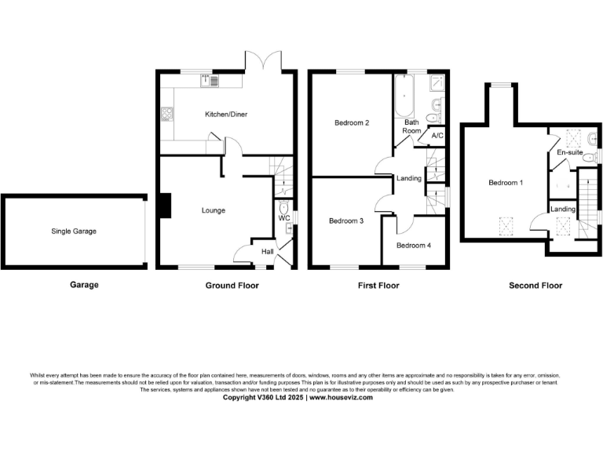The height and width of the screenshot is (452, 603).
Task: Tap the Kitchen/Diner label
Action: (x=226, y=115)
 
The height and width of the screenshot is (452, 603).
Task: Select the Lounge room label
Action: (x=214, y=210)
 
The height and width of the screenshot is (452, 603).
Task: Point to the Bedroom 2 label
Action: (x=352, y=123)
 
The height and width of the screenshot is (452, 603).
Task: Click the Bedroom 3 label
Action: (x=346, y=221)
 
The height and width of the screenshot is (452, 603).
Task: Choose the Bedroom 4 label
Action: (x=414, y=246)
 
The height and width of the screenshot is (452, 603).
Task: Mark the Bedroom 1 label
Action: (x=506, y=183)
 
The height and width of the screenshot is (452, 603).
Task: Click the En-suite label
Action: (x=570, y=152)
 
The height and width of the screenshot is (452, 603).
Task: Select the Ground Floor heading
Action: (x=232, y=286)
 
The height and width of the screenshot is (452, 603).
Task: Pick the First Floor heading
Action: (x=378, y=286)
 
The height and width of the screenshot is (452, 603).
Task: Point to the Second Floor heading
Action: (x=535, y=286)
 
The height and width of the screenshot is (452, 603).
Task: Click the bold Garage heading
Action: (x=84, y=286)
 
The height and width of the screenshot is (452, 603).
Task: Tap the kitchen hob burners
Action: (x=166, y=115)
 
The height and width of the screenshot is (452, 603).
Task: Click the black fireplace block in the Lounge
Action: (x=164, y=205)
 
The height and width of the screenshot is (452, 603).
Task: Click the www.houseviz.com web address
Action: (x=341, y=398)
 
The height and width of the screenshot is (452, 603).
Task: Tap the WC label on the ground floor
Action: (x=284, y=218)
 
